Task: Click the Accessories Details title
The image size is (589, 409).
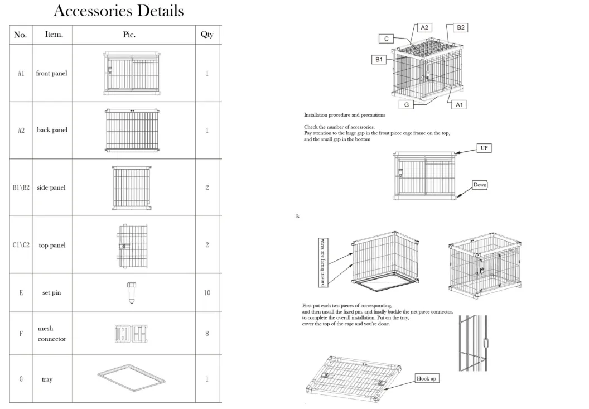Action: pyautogui.click(x=118, y=11)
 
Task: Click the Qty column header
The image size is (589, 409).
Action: pyautogui.click(x=207, y=35)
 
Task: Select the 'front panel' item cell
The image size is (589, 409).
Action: pyautogui.click(x=51, y=74)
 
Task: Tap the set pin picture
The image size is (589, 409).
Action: pyautogui.click(x=131, y=292)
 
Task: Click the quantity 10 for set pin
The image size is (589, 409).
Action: pyautogui.click(x=207, y=293)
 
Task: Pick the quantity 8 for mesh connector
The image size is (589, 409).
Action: pyautogui.click(x=207, y=334)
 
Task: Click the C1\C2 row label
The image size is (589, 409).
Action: pyautogui.click(x=21, y=245)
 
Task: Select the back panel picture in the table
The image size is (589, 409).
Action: pyautogui.click(x=132, y=130)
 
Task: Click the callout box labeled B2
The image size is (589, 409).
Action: pyautogui.click(x=461, y=27)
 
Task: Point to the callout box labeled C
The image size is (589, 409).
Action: pyautogui.click(x=386, y=39)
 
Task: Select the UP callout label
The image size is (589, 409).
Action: pyautogui.click(x=484, y=148)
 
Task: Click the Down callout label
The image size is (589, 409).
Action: pyautogui.click(x=480, y=185)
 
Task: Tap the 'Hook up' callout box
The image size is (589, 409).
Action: pyautogui.click(x=427, y=379)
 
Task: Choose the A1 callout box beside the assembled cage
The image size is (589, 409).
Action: pyautogui.click(x=457, y=104)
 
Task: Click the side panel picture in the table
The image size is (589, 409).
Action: pyautogui.click(x=131, y=187)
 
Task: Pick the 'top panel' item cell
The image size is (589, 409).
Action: pyautogui.click(x=51, y=245)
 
